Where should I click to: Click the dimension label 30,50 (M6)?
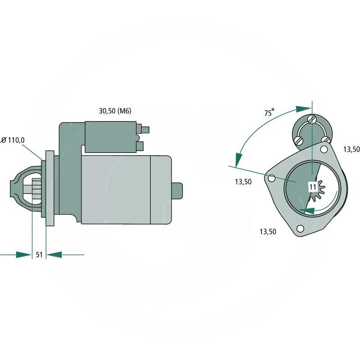tap(115, 111)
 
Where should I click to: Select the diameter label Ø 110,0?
tap(13, 140)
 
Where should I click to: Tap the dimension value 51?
tap(39, 255)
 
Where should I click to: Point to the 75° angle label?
tap(269, 112)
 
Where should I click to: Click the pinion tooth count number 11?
tap(313, 187)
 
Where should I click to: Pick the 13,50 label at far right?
tap(351, 149)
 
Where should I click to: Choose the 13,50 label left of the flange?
tap(243, 182)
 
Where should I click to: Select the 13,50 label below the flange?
tap(268, 232)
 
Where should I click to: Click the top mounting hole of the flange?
tap(324, 149)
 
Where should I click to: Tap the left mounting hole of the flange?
tap(272, 178)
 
